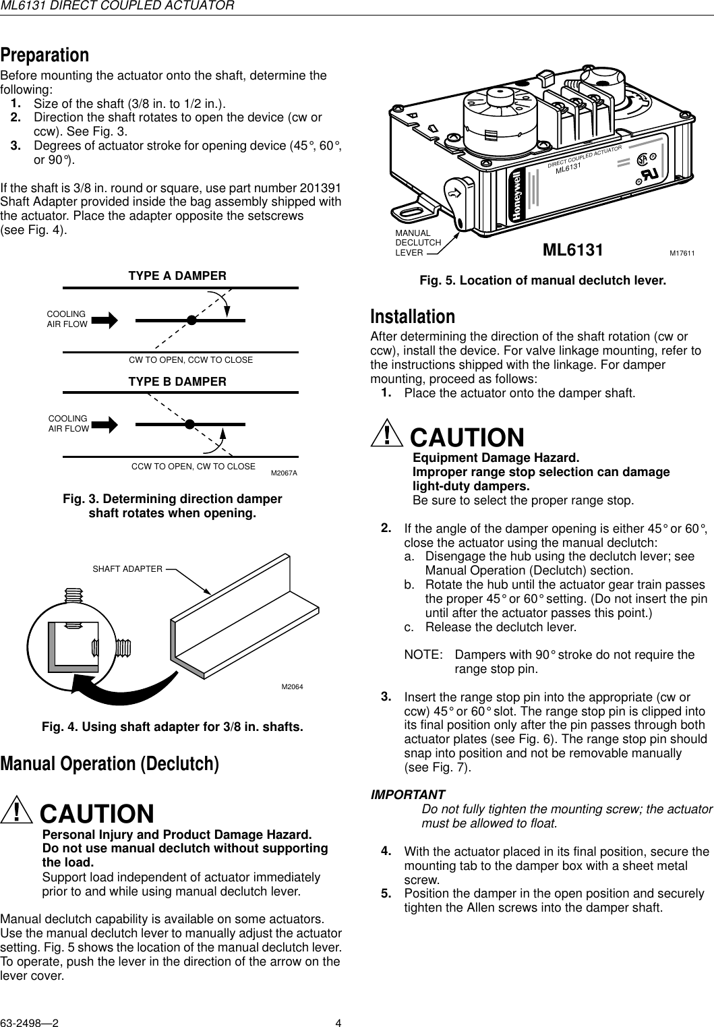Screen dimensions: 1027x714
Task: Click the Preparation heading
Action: pyautogui.click(x=44, y=54)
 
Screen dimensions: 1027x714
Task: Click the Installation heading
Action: pyautogui.click(x=413, y=316)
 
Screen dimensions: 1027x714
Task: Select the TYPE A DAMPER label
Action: pyautogui.click(x=177, y=276)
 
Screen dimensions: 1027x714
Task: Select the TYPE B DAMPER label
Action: pyautogui.click(x=177, y=382)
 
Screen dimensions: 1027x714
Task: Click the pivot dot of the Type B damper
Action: pyautogui.click(x=190, y=424)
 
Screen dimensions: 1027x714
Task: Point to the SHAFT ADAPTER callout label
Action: pyautogui.click(x=127, y=569)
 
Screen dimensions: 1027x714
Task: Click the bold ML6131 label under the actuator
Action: pyautogui.click(x=573, y=251)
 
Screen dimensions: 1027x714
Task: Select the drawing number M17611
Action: pyautogui.click(x=682, y=253)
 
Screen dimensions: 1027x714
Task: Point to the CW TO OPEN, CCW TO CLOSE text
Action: pyautogui.click(x=191, y=360)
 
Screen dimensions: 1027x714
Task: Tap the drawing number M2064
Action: pyautogui.click(x=292, y=686)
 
